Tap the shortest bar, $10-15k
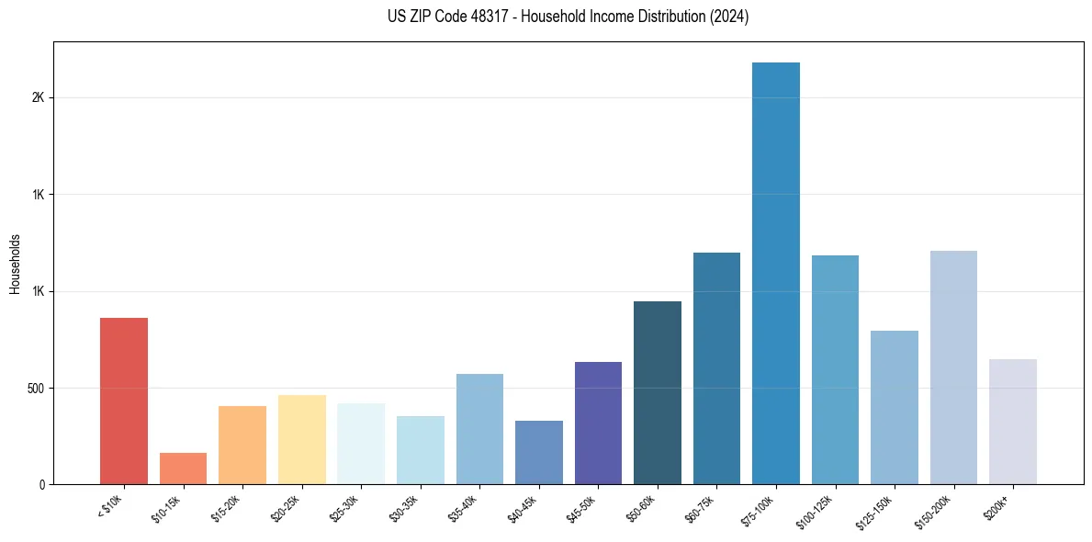click(183, 469)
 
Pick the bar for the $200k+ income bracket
click(1012, 422)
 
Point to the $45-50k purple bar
click(598, 423)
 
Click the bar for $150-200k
click(953, 367)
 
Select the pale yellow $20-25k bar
click(301, 439)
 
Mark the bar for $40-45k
click(539, 452)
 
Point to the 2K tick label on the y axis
click(38, 98)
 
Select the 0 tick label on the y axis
click(41, 484)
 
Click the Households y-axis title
click(15, 264)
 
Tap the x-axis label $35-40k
click(467, 509)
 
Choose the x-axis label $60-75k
click(704, 509)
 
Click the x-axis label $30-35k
click(408, 509)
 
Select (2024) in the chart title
click(730, 17)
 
